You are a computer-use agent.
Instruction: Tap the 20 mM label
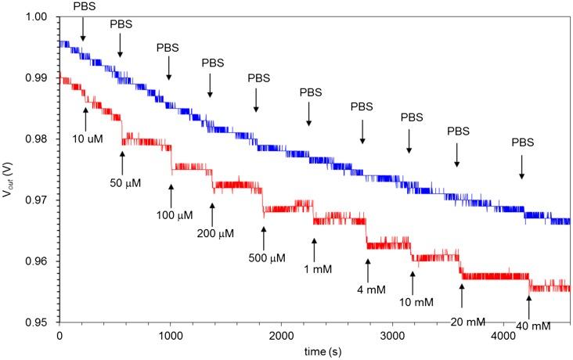[462, 321]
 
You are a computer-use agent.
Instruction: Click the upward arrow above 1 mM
[314, 248]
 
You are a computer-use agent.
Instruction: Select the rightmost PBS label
[522, 142]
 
